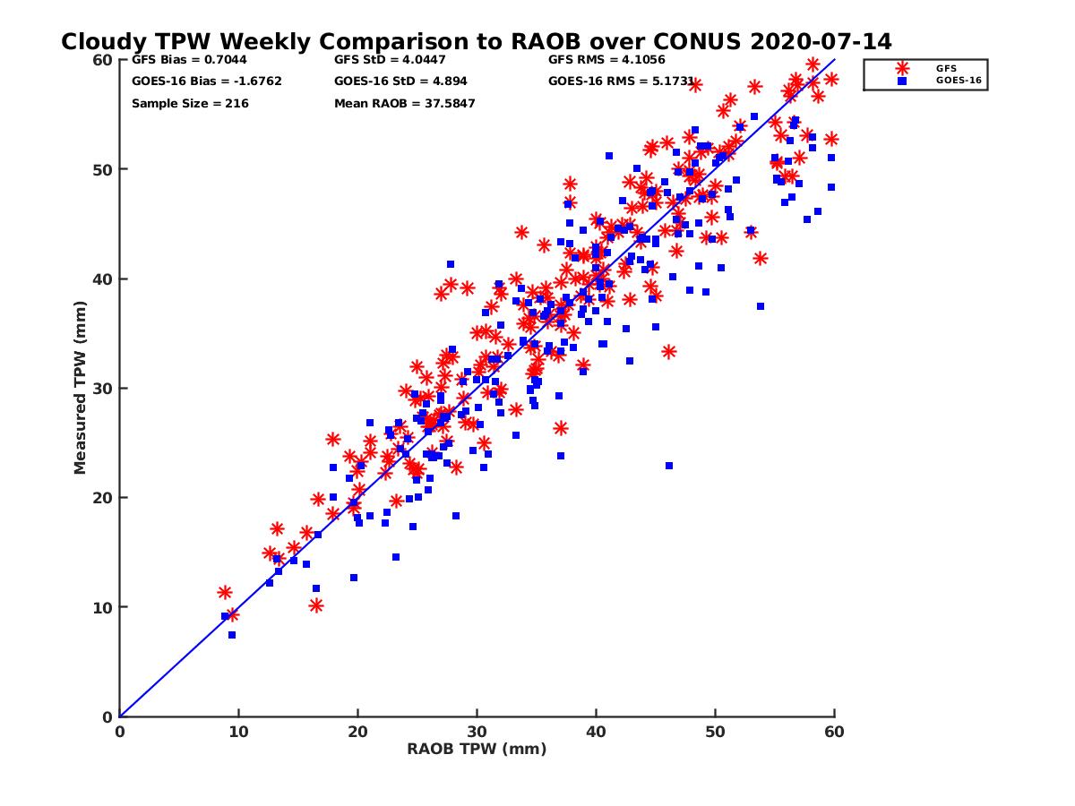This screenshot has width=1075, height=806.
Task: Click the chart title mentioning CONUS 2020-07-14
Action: [x=476, y=41]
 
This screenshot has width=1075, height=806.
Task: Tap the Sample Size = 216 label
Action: [x=190, y=104]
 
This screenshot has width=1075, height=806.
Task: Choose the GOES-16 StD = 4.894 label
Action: [x=400, y=81]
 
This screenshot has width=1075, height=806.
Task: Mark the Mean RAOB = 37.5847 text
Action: [x=404, y=104]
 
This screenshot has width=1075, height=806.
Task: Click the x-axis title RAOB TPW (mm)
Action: [x=477, y=749]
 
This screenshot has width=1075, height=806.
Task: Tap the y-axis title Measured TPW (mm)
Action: [x=81, y=388]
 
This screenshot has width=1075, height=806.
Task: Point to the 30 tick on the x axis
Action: [x=477, y=732]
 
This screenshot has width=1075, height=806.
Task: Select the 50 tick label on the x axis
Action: [x=716, y=732]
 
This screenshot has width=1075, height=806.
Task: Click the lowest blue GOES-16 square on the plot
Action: [x=232, y=635]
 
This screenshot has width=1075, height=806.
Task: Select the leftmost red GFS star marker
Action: [x=225, y=592]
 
